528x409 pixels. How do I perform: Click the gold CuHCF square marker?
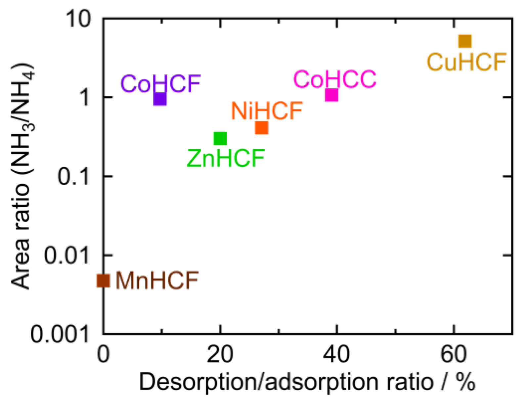point(464,41)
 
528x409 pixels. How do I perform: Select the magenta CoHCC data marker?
point(331,95)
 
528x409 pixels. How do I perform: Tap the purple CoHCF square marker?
point(160,99)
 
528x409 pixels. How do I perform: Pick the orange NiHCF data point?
point(261,127)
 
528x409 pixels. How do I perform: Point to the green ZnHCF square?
point(220,139)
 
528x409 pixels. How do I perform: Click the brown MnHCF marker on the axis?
point(103,281)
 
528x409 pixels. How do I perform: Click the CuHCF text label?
point(466,62)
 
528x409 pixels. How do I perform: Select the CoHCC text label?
point(335,79)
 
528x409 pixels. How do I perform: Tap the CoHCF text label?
point(161,84)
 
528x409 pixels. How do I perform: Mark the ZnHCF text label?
point(226,158)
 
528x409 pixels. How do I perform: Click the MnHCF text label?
point(157,281)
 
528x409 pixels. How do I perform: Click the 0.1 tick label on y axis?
point(73,176)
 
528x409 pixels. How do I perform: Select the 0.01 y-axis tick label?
point(67,255)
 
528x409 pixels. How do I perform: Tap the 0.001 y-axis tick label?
point(60,334)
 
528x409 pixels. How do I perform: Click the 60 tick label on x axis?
point(453,354)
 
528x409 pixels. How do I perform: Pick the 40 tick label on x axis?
point(336,354)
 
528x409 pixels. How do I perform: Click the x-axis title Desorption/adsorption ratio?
point(307,382)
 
